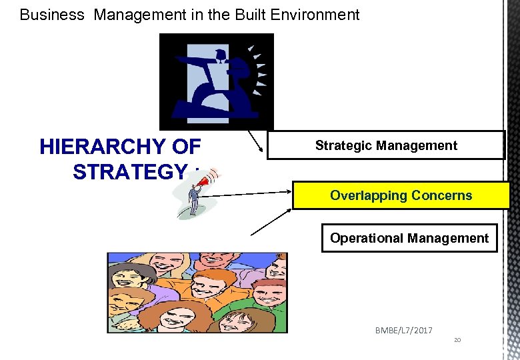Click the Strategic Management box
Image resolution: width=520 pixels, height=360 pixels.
point(386,145)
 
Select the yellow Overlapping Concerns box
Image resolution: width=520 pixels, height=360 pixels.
point(401,195)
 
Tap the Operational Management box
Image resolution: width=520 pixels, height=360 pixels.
point(409,238)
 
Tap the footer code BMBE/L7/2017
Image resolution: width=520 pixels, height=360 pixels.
point(404,331)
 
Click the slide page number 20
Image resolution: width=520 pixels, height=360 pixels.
point(457,340)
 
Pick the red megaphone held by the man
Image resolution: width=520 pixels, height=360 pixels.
point(210,178)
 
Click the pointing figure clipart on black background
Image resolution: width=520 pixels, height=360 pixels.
point(216,81)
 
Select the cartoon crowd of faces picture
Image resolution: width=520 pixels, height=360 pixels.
point(197,292)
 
